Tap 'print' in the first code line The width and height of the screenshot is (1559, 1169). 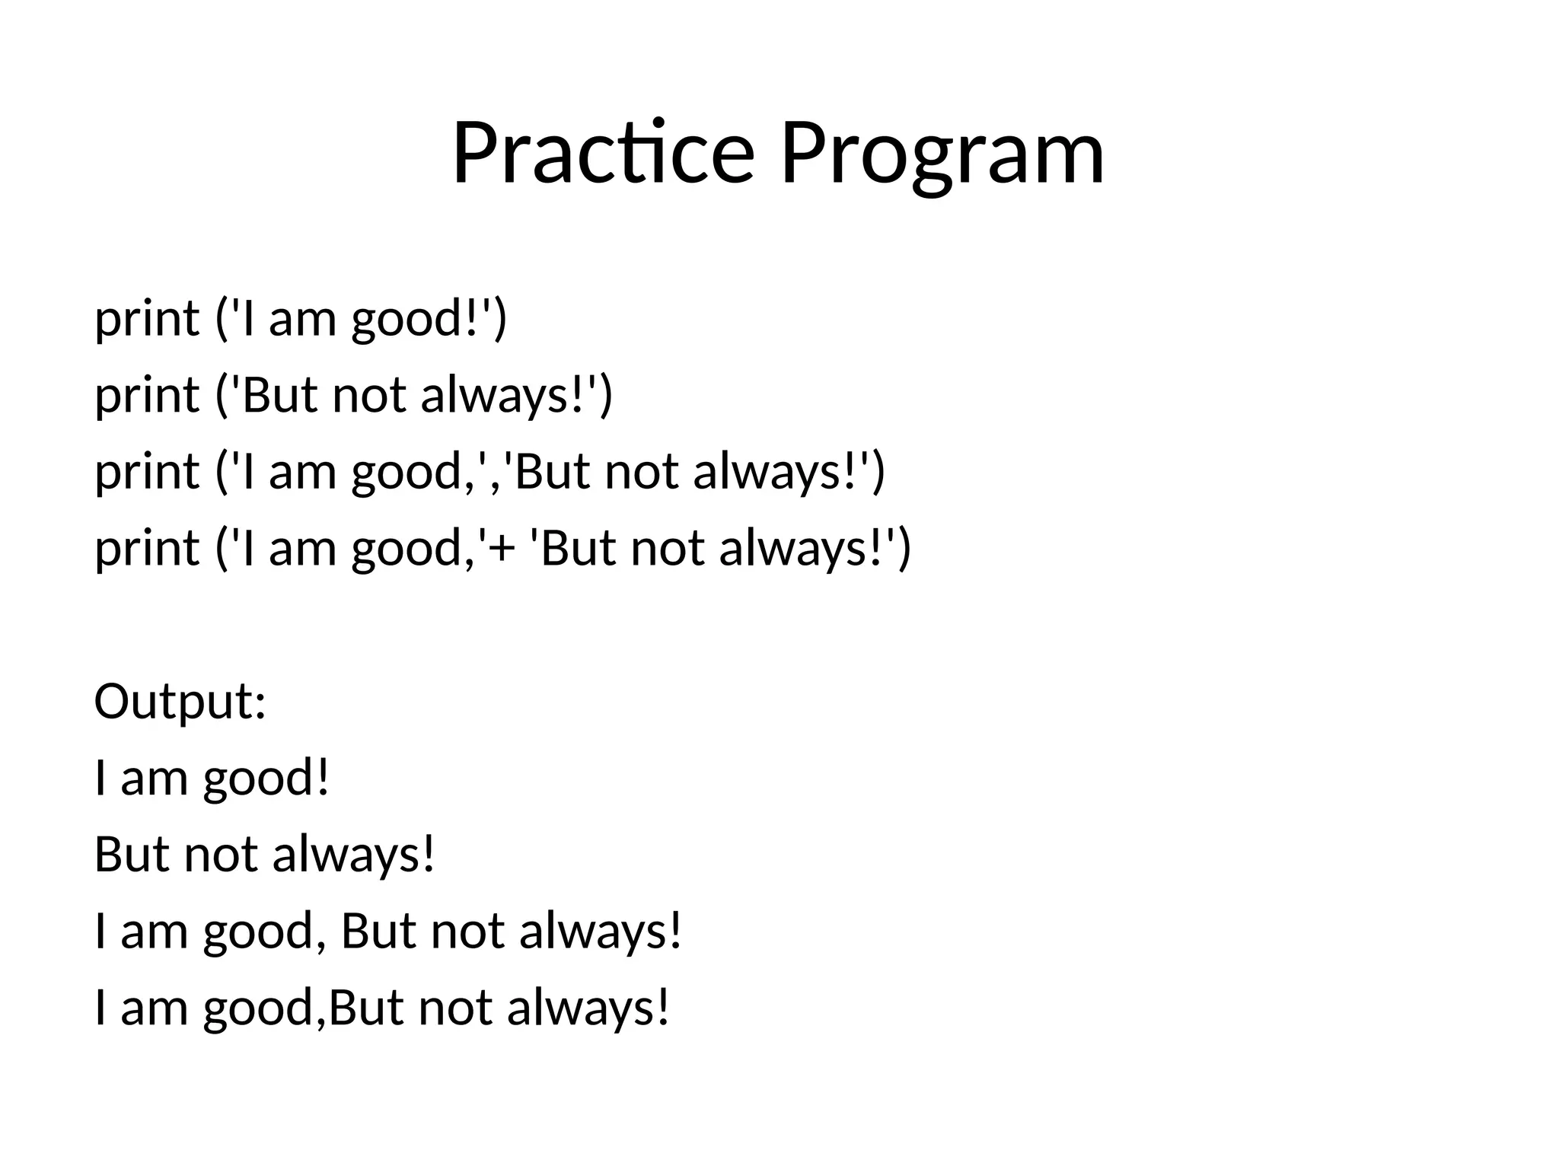click(146, 319)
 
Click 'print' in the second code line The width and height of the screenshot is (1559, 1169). click(146, 396)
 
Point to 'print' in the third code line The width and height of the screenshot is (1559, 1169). click(146, 472)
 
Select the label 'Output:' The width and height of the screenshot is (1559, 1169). click(180, 702)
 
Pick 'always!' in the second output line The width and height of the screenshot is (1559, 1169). click(353, 855)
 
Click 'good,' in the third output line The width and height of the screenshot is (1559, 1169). click(259, 932)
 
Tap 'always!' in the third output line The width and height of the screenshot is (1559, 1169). click(601, 932)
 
